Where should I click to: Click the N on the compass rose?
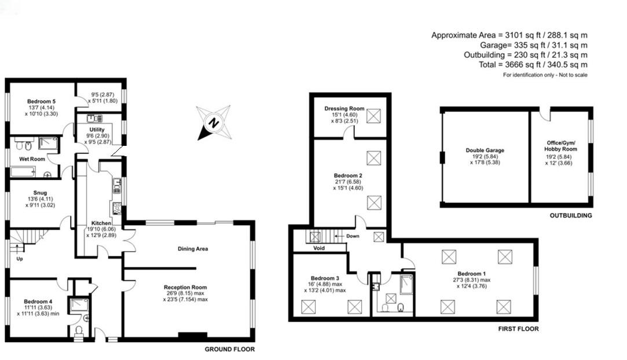(214, 123)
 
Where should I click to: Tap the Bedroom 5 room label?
(41, 101)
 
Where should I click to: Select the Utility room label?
(97, 130)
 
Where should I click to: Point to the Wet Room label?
(32, 159)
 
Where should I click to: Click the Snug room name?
(40, 193)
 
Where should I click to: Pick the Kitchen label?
(101, 223)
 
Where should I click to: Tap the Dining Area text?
(193, 249)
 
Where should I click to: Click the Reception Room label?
(185, 287)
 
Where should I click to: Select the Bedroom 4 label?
(38, 302)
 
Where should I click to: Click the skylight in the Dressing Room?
(373, 116)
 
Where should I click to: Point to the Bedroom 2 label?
(348, 175)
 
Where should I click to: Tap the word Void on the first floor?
(318, 248)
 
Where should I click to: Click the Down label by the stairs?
(353, 236)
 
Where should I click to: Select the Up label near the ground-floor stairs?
(20, 259)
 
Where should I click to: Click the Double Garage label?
(485, 150)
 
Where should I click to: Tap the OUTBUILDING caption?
(571, 215)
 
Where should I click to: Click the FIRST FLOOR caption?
(518, 329)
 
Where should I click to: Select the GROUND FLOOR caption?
(229, 349)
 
